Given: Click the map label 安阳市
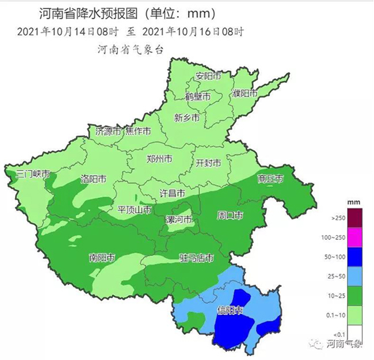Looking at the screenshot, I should [x=208, y=76].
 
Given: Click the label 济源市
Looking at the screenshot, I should [x=108, y=131].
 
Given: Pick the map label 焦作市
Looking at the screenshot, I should [x=138, y=131].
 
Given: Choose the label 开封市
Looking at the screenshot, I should [x=208, y=163].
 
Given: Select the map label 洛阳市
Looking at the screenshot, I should [x=93, y=179].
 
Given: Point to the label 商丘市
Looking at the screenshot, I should [x=270, y=179].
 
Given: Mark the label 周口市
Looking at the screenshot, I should [x=229, y=216].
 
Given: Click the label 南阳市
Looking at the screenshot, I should [x=101, y=256].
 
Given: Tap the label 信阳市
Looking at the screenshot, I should [x=230, y=311].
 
